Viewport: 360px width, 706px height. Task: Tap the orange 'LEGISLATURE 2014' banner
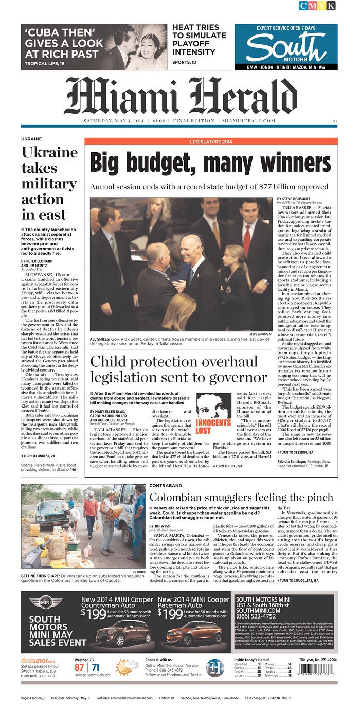coord(211,141)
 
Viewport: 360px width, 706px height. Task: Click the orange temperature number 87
coord(79,667)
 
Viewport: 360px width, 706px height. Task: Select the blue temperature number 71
coord(95,667)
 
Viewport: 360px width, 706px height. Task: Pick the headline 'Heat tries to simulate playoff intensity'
coord(200,40)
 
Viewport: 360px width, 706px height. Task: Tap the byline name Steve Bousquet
coord(295,199)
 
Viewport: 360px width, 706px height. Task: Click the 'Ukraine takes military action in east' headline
coord(49,183)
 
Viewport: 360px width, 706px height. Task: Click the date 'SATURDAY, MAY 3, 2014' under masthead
coord(114,121)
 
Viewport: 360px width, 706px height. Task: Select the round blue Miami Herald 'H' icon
coord(215,667)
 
